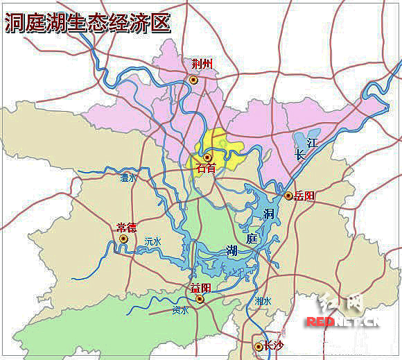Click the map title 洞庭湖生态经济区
87,23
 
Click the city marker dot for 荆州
194,80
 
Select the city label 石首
206,169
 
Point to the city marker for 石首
207,157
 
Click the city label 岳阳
304,196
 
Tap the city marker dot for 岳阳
288,196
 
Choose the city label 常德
126,227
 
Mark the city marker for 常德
123,239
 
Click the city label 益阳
200,288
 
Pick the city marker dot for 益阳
200,299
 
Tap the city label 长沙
273,345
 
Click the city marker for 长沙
257,345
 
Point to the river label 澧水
128,178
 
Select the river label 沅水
152,241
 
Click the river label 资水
180,310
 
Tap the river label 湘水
263,301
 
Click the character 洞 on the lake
269,214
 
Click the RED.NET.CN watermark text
342,322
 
